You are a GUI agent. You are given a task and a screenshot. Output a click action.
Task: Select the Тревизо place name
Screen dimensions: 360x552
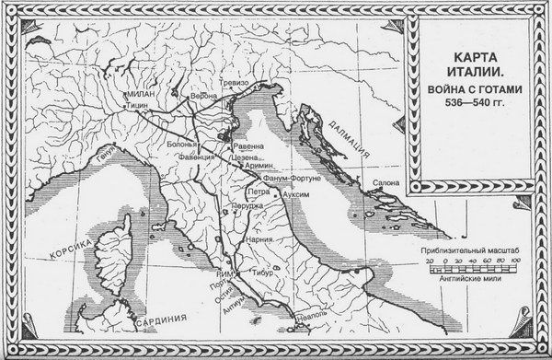click(x=236, y=83)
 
